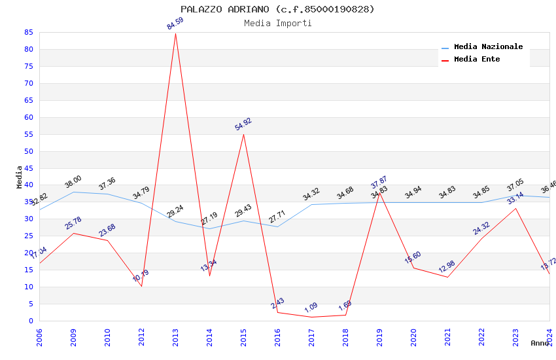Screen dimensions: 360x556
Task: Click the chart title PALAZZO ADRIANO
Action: pyautogui.click(x=277, y=9)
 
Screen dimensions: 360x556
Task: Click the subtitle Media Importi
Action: pyautogui.click(x=277, y=23)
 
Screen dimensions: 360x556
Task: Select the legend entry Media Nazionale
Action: pyautogui.click(x=488, y=47)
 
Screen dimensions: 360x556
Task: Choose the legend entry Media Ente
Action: pyautogui.click(x=476, y=60)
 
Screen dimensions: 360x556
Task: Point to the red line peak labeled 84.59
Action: pyautogui.click(x=175, y=33)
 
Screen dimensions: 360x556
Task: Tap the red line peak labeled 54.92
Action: pyautogui.click(x=243, y=134)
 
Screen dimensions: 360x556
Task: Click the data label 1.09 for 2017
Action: pyautogui.click(x=311, y=308)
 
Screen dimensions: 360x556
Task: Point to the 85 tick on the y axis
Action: pyautogui.click(x=28, y=32)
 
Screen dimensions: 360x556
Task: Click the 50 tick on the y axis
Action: pyautogui.click(x=28, y=151)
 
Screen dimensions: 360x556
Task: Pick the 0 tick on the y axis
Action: pyautogui.click(x=31, y=321)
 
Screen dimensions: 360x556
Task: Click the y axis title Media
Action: pyautogui.click(x=19, y=177)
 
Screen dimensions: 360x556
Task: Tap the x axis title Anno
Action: pyautogui.click(x=540, y=343)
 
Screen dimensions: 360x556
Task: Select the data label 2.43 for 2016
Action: pyautogui.click(x=277, y=304)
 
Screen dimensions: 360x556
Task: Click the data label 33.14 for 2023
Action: pyautogui.click(x=515, y=198)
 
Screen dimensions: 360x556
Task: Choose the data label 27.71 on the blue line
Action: pyautogui.click(x=277, y=217)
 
